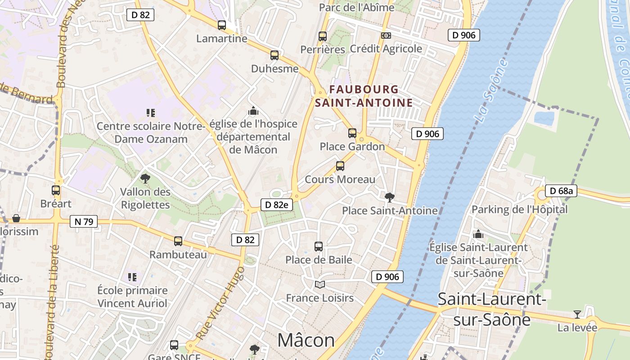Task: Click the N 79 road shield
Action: click(84, 221)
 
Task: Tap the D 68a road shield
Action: click(561, 191)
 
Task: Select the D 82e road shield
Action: click(276, 205)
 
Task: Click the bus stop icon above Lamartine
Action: click(222, 25)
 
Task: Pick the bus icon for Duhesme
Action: click(274, 55)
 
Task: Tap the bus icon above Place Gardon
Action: click(352, 133)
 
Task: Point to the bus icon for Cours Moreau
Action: click(340, 166)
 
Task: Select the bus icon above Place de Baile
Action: click(319, 247)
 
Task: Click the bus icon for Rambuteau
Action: click(178, 241)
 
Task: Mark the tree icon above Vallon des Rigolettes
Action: click(145, 179)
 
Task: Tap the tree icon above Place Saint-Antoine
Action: click(389, 197)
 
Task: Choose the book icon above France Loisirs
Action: click(319, 284)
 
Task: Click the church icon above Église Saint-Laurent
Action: click(478, 234)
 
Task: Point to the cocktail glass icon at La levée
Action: click(577, 314)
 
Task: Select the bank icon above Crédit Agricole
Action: click(386, 36)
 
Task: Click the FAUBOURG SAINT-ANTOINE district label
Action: click(364, 96)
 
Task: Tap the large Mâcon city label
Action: click(306, 340)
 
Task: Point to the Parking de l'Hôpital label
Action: click(519, 209)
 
